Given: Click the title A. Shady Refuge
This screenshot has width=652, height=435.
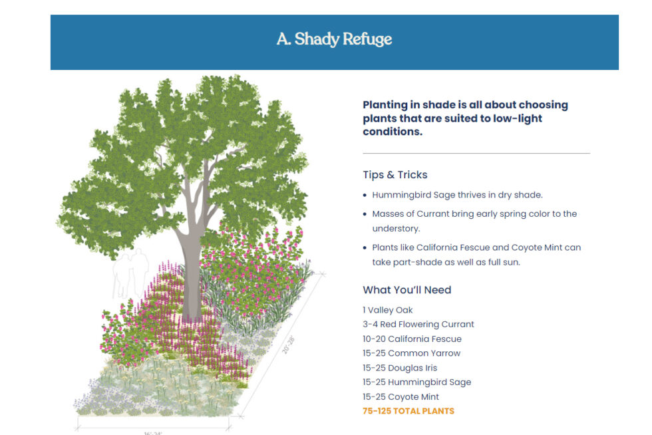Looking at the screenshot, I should pyautogui.click(x=334, y=39).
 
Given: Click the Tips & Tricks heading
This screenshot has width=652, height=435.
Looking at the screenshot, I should pyautogui.click(x=395, y=175).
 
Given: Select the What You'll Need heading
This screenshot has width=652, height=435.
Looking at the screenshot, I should pyautogui.click(x=407, y=290).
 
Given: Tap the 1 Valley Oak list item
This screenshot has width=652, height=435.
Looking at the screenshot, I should pyautogui.click(x=387, y=310).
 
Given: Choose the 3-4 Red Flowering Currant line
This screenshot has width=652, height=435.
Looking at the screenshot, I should pyautogui.click(x=418, y=325).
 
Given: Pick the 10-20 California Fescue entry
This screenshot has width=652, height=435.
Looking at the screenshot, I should pyautogui.click(x=412, y=339).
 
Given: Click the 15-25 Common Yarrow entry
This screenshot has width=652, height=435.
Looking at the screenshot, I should pyautogui.click(x=411, y=353).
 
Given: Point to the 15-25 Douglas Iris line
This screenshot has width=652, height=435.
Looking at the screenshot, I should pyautogui.click(x=399, y=368).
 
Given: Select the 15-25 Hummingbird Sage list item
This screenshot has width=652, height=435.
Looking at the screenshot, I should pyautogui.click(x=416, y=382).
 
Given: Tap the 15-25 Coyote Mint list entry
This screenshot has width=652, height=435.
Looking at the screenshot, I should pyautogui.click(x=401, y=397).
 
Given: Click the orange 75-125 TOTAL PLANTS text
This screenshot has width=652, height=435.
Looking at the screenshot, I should pyautogui.click(x=408, y=411).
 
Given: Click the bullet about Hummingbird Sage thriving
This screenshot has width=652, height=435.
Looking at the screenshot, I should pyautogui.click(x=457, y=195).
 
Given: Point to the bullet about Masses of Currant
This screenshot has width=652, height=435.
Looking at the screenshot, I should pyautogui.click(x=474, y=221).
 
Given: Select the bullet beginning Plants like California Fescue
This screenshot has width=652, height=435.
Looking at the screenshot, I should pyautogui.click(x=476, y=255).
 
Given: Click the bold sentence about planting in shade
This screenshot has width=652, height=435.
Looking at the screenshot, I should pyautogui.click(x=465, y=118).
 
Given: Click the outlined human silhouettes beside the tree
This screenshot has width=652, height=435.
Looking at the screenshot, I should pyautogui.click(x=129, y=273).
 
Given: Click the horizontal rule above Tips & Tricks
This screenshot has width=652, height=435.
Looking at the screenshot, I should pyautogui.click(x=476, y=154).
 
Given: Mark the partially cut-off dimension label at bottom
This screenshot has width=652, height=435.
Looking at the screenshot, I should pyautogui.click(x=152, y=432).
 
